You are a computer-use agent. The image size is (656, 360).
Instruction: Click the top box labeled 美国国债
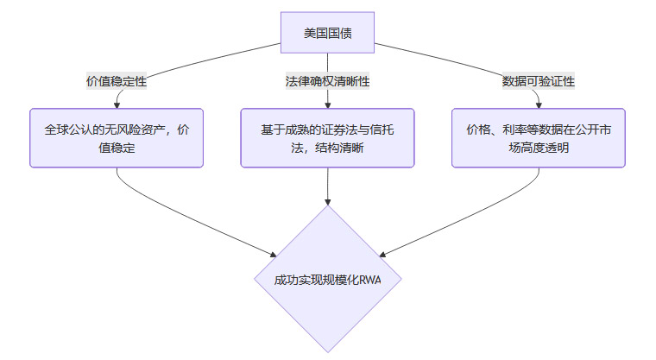(327, 34)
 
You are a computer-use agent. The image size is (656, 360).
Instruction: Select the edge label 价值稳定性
(116, 81)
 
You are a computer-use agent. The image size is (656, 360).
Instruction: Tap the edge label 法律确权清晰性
(327, 81)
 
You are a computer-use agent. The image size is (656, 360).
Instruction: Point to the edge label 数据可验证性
(539, 81)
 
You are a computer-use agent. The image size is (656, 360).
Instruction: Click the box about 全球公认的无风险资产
(117, 137)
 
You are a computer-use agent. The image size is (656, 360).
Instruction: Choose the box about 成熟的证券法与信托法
(328, 137)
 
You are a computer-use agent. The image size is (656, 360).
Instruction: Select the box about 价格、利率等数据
(539, 137)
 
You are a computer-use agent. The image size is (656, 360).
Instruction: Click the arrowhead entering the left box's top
(117, 104)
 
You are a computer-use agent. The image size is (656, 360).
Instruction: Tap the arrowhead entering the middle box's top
(328, 104)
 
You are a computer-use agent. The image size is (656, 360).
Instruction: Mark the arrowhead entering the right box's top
(539, 104)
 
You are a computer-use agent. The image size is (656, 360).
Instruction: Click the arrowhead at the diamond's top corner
(328, 201)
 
